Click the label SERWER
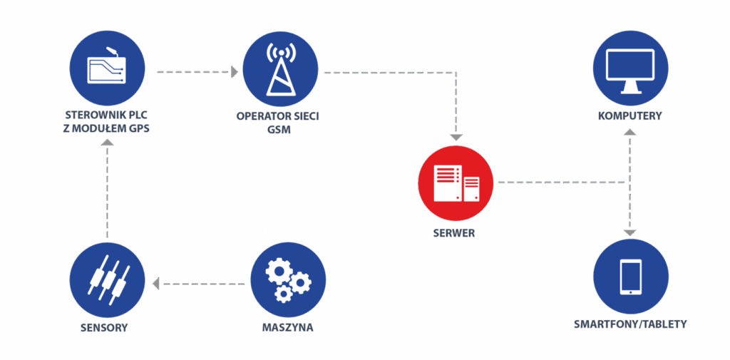coord(453,233)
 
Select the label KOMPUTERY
coord(629,115)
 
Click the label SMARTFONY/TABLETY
coord(630,324)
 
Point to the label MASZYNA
coord(287,328)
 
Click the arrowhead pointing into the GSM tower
coord(234,71)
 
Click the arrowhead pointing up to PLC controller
coord(107,143)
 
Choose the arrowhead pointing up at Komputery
coord(629,133)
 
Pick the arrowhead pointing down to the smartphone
coord(629,232)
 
